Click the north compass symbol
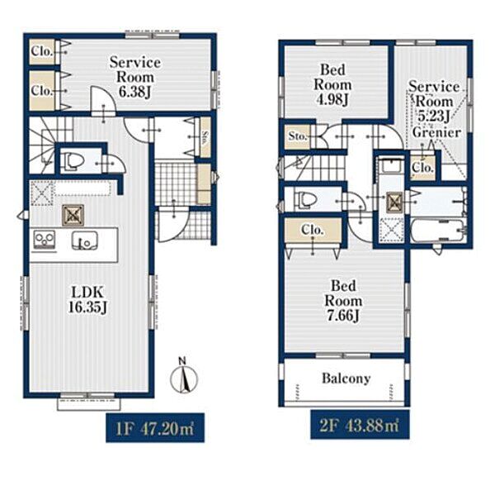tap(183, 376)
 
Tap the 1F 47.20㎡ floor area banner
tap(155, 428)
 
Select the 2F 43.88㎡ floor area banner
tap(360, 425)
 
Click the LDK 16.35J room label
tap(87, 299)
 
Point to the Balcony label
tap(346, 379)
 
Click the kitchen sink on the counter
tap(84, 241)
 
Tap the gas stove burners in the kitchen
tap(45, 240)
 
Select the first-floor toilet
tap(74, 161)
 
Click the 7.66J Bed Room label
tap(343, 301)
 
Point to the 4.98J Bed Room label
tap(332, 84)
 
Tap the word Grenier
tap(437, 132)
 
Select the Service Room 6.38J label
tap(134, 77)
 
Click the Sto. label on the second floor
tap(297, 136)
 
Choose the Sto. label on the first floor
tap(205, 137)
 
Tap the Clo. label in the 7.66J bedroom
tap(313, 230)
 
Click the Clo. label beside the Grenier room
tap(422, 167)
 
